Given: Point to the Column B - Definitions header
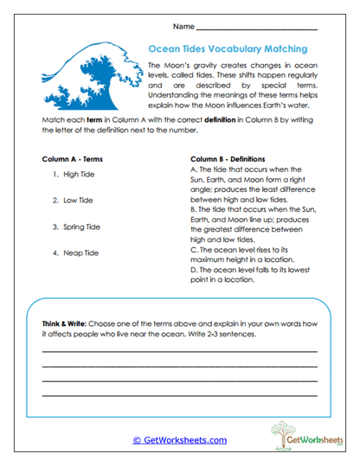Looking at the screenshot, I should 234,159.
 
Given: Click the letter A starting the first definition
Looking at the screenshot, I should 191,170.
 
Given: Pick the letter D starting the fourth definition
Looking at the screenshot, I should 191,269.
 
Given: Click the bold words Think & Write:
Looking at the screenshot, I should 68,322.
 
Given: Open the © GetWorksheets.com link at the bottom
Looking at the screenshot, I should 180,440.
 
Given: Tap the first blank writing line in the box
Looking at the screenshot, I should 179,352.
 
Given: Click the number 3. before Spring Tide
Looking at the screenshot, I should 55,227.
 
